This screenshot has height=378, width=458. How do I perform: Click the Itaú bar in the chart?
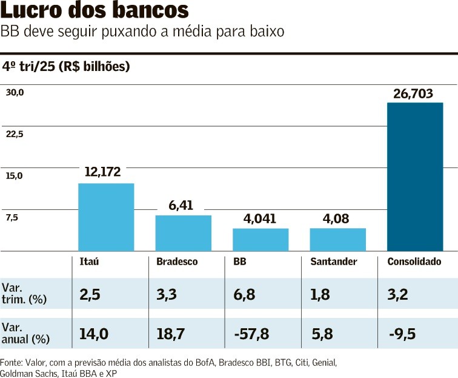coord(106,217)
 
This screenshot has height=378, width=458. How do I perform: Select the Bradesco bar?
coord(183,233)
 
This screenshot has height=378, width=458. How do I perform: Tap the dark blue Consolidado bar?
coord(415,177)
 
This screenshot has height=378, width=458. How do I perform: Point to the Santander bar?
coord(337,239)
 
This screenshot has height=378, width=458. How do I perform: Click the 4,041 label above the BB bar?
coord(261,218)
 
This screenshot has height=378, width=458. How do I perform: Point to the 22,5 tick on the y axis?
coord(15,135)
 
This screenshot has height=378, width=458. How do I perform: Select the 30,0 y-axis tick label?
coord(15,93)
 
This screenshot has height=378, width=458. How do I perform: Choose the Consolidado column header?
coord(414,262)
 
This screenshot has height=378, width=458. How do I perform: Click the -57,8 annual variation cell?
coord(251,334)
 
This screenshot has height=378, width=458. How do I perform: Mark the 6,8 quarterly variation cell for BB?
coord(244,295)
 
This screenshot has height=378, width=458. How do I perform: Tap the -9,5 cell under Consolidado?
coord(402,334)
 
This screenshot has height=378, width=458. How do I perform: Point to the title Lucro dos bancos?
coord(94,11)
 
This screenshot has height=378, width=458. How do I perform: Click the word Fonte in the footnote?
coord(12,362)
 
